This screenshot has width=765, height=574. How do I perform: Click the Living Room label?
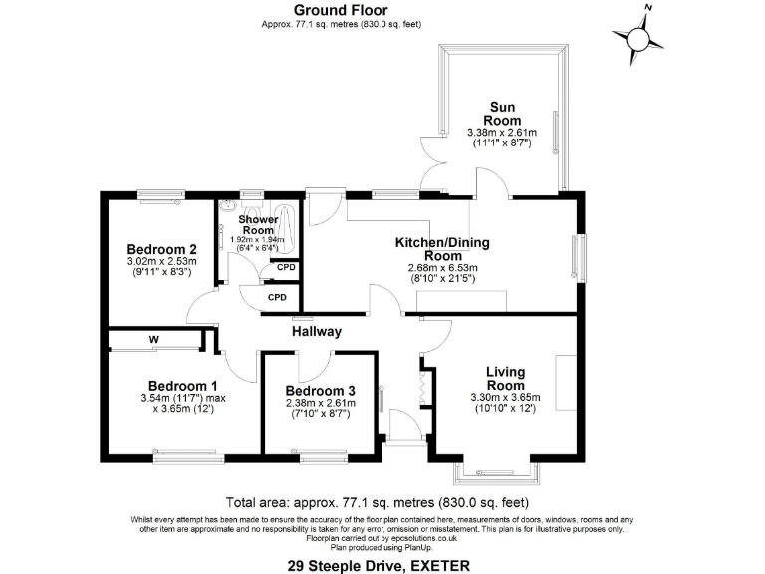point(505,379)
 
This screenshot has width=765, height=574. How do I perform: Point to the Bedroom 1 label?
point(182,386)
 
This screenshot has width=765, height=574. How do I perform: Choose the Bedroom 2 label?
point(159,249)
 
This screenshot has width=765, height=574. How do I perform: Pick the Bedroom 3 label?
point(319,391)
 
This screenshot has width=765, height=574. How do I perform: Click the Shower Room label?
point(258,224)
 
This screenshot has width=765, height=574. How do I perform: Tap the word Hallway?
point(317,331)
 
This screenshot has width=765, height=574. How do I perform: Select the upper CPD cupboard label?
point(286,268)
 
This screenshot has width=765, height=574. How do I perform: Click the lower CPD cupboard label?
point(277,297)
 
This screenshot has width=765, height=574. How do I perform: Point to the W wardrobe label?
point(154,340)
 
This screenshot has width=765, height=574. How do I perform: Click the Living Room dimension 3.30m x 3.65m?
point(505,398)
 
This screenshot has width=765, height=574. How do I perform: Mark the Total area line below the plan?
point(378,501)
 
